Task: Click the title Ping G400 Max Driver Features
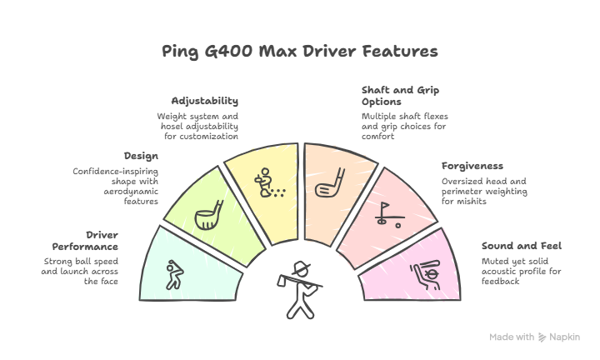coord(300,52)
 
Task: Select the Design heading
coord(141,156)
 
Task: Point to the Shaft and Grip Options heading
coord(401,95)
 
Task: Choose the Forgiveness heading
coord(472,166)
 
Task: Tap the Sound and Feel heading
coord(521,246)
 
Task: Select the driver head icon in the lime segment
coord(206,215)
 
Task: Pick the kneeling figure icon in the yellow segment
coord(267,182)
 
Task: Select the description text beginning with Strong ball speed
coord(80,272)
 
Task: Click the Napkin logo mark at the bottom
coord(542,337)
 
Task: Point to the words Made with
coord(512,337)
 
